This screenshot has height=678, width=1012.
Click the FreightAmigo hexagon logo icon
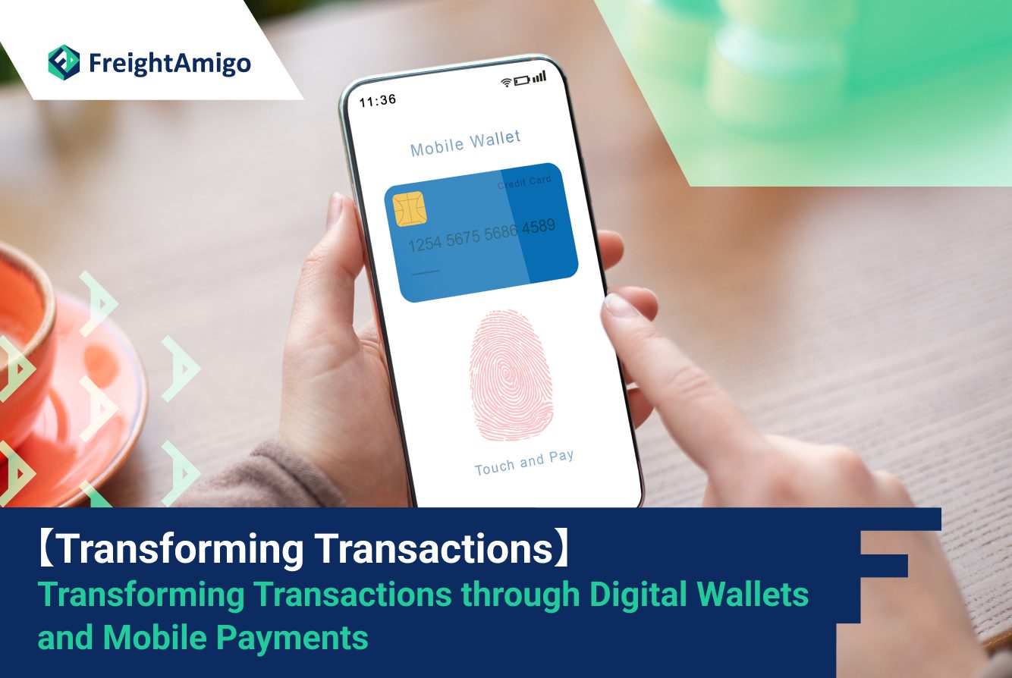(x=64, y=62)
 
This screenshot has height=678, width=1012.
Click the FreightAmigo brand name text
(x=170, y=64)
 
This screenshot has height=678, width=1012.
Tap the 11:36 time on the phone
(x=378, y=101)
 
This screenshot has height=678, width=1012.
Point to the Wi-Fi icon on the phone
(x=507, y=82)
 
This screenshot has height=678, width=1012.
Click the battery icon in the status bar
(x=522, y=80)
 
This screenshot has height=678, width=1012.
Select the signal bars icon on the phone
(x=539, y=77)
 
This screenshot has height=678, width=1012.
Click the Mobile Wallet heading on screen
(x=465, y=143)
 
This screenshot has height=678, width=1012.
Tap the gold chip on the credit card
(x=410, y=209)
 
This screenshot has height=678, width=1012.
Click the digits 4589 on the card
(x=539, y=226)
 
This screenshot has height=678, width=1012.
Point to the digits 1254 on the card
(x=425, y=244)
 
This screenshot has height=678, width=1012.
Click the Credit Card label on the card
(x=524, y=182)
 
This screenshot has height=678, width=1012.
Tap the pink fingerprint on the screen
(x=511, y=375)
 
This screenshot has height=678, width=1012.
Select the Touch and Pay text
(x=524, y=463)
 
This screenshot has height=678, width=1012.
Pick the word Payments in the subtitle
(x=292, y=638)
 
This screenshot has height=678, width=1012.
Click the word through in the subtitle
(x=520, y=595)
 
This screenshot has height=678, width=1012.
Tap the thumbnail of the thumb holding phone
(x=335, y=209)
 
